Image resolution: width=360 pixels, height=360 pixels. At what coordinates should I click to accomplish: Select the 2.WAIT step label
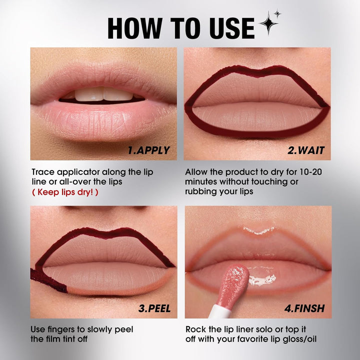pos(305,150)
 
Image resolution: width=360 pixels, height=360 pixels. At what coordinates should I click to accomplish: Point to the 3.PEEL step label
pos(154,308)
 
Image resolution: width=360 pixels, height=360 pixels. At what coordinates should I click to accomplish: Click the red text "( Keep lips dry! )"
pos(64,191)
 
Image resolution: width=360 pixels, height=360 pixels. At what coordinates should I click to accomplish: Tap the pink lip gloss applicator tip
pos(234,282)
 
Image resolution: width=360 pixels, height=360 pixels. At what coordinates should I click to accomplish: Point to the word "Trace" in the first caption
pos(43,172)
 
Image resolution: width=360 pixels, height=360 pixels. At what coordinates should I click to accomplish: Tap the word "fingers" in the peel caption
pos(65,329)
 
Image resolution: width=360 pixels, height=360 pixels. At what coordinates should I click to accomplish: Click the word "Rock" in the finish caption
pos(196,329)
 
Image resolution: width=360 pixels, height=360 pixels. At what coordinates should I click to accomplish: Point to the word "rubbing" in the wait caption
pos(203,191)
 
